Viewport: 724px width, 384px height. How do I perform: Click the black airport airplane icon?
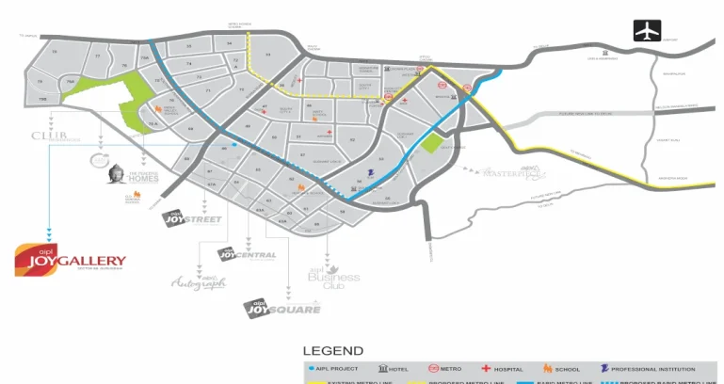pos(647,30)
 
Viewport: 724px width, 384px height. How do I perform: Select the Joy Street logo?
pos(192,220)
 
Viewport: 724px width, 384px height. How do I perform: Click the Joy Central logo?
pos(247,254)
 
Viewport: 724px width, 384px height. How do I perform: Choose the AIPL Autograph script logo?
pos(199,281)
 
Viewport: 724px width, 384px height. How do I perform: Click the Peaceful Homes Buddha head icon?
pos(117,173)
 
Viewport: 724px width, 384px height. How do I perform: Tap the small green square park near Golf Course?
pos(432,143)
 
